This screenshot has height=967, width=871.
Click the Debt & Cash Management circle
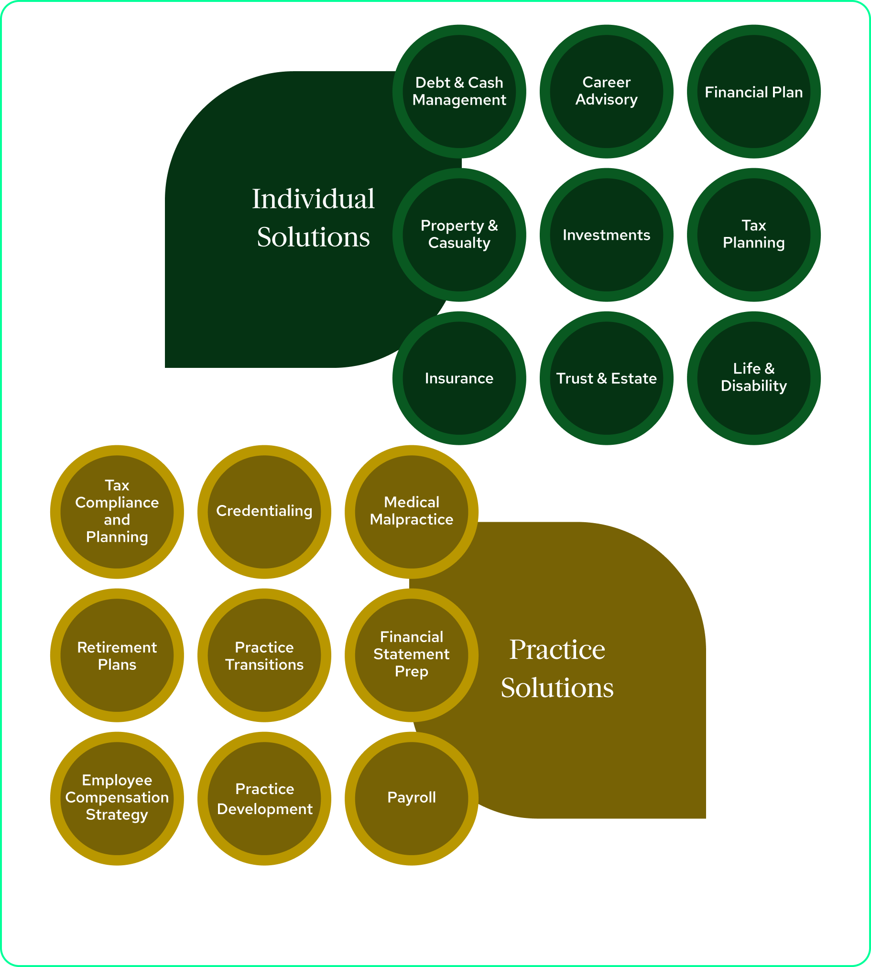point(459,91)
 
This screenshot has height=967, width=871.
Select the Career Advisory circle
point(606,91)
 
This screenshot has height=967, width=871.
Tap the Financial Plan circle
point(754,91)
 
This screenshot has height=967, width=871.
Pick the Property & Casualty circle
point(459,235)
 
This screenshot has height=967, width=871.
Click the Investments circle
point(606,235)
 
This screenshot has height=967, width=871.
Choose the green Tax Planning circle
point(754,235)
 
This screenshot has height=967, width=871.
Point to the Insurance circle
point(459,378)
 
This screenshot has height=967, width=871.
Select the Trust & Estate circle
point(606,378)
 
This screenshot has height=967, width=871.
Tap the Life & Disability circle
point(754,378)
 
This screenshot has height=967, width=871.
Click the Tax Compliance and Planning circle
point(117,512)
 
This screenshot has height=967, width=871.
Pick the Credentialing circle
point(264,512)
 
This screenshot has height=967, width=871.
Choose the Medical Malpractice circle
point(412,512)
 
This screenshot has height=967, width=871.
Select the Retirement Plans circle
point(117,655)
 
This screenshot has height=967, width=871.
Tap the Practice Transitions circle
point(264,655)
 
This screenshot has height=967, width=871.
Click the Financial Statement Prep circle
point(412,655)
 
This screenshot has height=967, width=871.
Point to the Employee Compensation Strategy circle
point(117,798)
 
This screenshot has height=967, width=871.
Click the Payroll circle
point(412,798)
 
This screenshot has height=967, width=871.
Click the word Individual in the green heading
point(313,199)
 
